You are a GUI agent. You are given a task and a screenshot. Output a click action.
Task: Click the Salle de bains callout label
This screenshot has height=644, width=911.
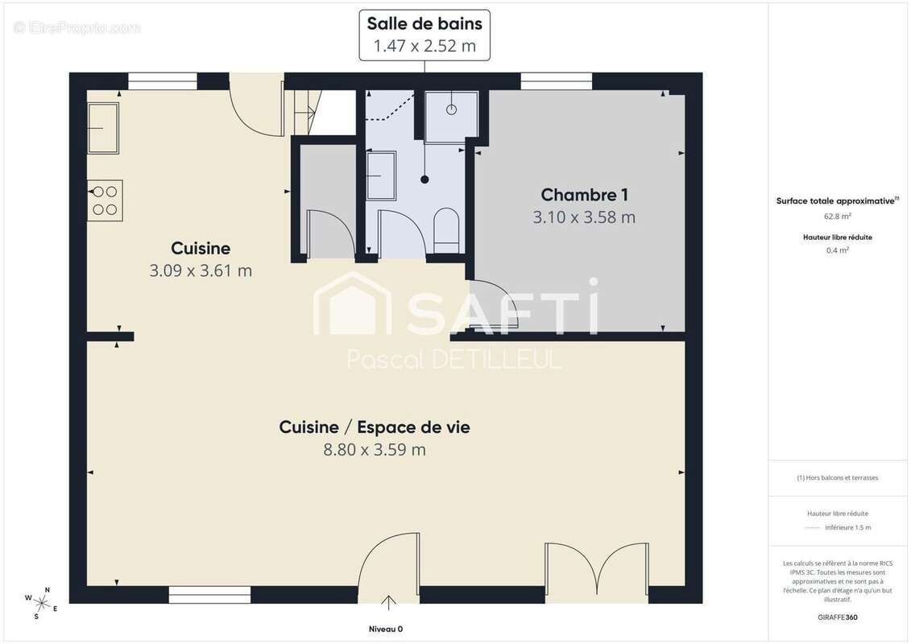424,34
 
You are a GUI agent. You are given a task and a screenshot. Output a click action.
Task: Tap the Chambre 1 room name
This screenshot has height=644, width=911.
584,195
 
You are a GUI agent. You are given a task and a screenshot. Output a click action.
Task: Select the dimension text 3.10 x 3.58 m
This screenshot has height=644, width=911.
584,217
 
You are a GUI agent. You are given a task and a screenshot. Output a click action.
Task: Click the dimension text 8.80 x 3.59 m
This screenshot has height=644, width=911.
375,449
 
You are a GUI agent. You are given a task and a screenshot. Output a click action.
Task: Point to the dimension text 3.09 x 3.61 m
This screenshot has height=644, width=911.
201,270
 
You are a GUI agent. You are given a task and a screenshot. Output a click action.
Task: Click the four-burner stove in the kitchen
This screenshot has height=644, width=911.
105,200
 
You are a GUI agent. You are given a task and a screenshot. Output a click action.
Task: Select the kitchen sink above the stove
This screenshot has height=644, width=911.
103,127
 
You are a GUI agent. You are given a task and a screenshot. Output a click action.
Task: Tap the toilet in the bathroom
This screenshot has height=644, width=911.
445,230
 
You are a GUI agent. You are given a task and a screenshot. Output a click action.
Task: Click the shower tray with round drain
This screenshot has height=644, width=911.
452,116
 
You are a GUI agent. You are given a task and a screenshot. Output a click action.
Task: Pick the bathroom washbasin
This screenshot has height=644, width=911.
381,175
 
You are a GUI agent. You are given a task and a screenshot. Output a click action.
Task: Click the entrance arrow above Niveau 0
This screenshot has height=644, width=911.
389,602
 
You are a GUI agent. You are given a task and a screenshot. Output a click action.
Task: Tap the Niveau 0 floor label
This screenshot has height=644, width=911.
386,629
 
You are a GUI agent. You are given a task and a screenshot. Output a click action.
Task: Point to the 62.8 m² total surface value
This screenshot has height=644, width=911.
838,216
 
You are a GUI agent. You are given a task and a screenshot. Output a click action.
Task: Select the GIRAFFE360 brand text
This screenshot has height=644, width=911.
838,617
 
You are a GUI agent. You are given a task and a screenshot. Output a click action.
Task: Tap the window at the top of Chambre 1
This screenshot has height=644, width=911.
556,81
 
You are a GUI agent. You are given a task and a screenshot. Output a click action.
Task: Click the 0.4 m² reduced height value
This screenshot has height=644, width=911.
838,250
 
